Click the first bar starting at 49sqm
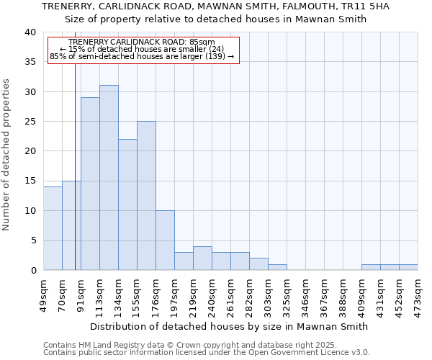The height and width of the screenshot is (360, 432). pyautogui.click(x=53, y=228)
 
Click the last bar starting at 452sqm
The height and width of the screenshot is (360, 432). pyautogui.click(x=408, y=267)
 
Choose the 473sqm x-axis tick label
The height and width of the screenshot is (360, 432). pyautogui.click(x=418, y=292)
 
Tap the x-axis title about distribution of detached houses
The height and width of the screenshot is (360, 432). pyautogui.click(x=230, y=326)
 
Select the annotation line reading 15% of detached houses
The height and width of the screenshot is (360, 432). pyautogui.click(x=142, y=49)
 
